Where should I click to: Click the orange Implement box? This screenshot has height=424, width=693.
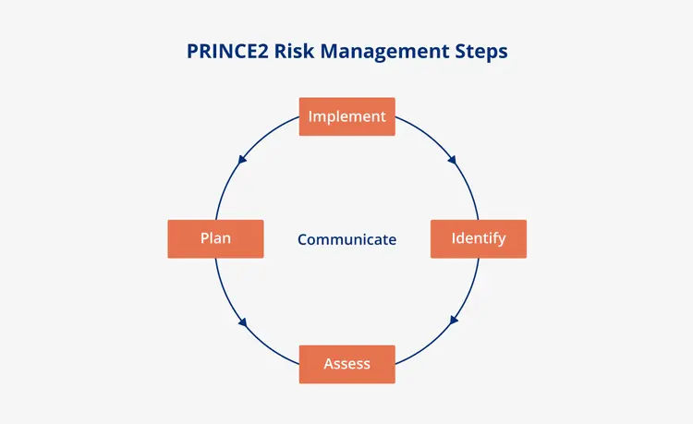pyautogui.click(x=346, y=116)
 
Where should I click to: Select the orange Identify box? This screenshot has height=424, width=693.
pyautogui.click(x=479, y=239)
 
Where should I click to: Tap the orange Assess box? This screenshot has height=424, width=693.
pyautogui.click(x=346, y=364)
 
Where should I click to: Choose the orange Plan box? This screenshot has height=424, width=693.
pyautogui.click(x=215, y=239)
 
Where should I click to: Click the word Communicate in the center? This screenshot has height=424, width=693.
pyautogui.click(x=346, y=239)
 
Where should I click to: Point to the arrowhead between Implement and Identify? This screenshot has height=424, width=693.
pyautogui.click(x=452, y=160)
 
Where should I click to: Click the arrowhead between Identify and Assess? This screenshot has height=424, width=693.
pyautogui.click(x=454, y=321)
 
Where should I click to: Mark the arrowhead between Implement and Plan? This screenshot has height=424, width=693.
pyautogui.click(x=242, y=160)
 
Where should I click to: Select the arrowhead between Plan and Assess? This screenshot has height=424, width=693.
pyautogui.click(x=243, y=322)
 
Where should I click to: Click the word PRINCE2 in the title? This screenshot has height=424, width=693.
pyautogui.click(x=227, y=51)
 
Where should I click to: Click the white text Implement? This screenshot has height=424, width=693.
pyautogui.click(x=346, y=116)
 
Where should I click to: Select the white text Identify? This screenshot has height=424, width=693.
pyautogui.click(x=479, y=239)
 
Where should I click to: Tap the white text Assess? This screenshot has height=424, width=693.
pyautogui.click(x=346, y=364)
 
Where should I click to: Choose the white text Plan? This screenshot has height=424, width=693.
pyautogui.click(x=215, y=238)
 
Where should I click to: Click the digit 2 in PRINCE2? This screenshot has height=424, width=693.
pyautogui.click(x=263, y=51)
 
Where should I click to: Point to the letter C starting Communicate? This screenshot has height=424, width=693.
pyautogui.click(x=303, y=239)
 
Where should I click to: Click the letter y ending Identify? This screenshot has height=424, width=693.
pyautogui.click(x=502, y=241)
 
